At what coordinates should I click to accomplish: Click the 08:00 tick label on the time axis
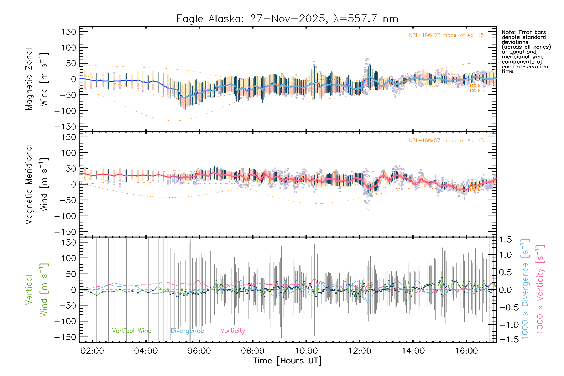coord(253,351)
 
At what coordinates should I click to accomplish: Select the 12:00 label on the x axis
coord(359,351)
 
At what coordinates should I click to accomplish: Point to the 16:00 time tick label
coord(466,351)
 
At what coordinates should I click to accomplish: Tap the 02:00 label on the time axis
coord(92,351)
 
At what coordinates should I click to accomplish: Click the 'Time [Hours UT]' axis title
coord(287,361)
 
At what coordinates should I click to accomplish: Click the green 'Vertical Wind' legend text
coord(132,331)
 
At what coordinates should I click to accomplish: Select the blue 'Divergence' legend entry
coord(187,331)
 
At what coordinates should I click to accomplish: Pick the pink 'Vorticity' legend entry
coord(232,331)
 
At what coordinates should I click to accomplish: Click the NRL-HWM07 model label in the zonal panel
coord(446,35)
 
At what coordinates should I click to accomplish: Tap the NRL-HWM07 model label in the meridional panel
coord(446,140)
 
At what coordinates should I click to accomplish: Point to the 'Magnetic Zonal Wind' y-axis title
coord(37,79)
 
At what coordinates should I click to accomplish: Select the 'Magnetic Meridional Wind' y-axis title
coord(37,185)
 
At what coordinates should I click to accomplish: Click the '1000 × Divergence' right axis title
coord(525,290)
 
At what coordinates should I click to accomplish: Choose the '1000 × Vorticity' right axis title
coord(540,290)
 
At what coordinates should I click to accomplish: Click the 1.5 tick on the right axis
coord(505,240)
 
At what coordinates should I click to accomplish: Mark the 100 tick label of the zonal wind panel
coord(69,48)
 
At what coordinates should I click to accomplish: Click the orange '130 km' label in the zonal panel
coord(477,91)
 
